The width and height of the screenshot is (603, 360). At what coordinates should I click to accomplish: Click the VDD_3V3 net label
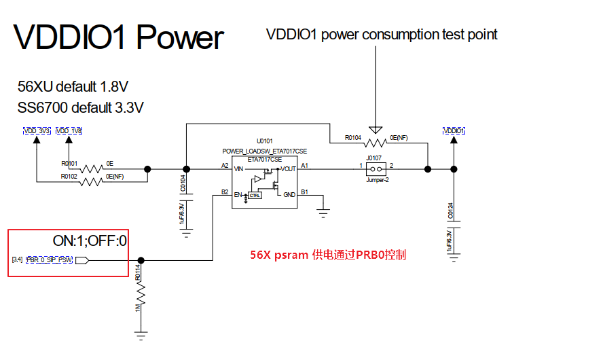37,130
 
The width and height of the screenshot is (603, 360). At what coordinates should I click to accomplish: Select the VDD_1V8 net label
69,130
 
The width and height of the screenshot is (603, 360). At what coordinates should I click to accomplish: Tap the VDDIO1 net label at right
454,130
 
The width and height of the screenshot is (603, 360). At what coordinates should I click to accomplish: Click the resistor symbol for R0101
91,168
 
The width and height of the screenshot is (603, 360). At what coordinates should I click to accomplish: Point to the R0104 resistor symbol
375,143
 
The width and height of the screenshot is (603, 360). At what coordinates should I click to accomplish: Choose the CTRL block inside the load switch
255,196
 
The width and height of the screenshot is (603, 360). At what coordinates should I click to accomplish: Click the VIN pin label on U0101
238,168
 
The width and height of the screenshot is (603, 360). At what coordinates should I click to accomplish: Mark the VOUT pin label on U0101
287,168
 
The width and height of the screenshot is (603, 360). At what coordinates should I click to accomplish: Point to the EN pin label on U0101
238,195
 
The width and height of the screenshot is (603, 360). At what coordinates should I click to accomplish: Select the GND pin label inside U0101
289,195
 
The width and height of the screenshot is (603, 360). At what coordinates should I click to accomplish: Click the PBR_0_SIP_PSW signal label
49,260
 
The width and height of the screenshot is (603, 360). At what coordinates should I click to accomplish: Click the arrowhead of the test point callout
375,130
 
